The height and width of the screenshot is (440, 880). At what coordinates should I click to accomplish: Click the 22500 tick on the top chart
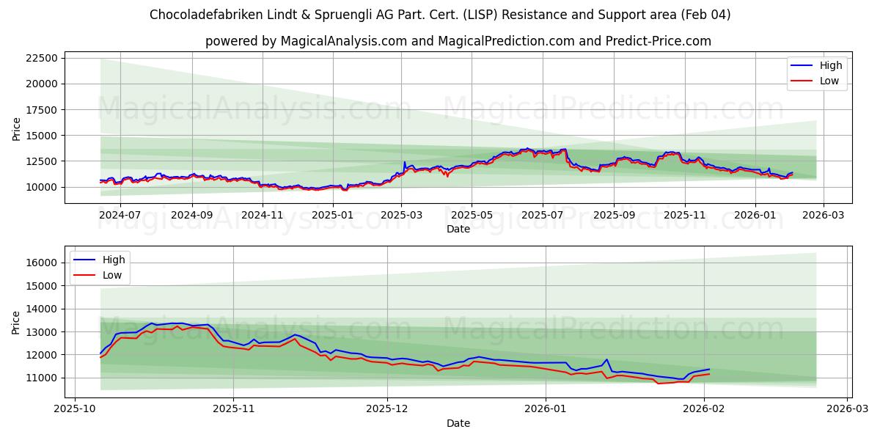click(62, 58)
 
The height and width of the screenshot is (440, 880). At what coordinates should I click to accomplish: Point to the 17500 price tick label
click(62, 109)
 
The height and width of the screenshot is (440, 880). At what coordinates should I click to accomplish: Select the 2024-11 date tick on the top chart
click(262, 215)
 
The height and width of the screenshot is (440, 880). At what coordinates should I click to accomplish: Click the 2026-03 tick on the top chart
click(823, 215)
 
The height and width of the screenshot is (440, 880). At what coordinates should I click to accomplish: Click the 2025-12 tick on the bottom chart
click(387, 409)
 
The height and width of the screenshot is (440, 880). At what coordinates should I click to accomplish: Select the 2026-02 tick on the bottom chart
click(704, 409)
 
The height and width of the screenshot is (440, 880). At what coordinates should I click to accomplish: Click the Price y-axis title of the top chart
click(17, 130)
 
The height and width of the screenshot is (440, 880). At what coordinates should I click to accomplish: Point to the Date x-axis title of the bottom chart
click(458, 423)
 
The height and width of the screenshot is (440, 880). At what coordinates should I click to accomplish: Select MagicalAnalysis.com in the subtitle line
click(343, 41)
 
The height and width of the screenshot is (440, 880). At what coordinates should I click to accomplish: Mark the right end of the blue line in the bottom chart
click(709, 369)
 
